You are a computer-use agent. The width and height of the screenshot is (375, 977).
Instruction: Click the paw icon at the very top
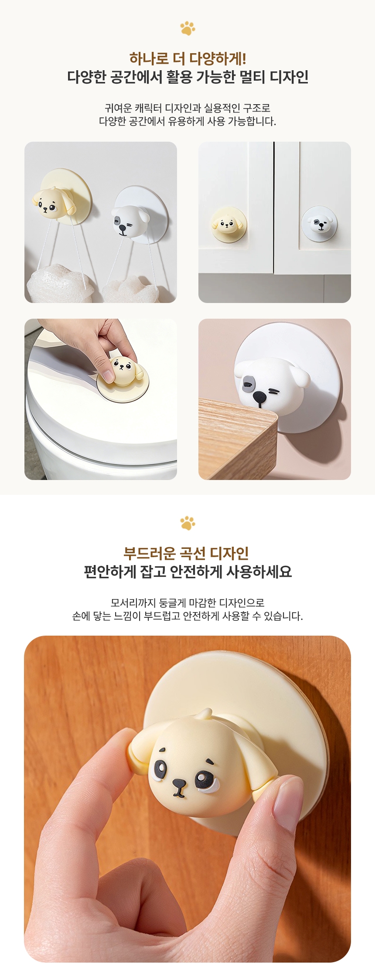click(x=187, y=27)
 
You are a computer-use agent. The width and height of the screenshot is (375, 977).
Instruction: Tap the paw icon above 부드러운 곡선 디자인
click(x=187, y=522)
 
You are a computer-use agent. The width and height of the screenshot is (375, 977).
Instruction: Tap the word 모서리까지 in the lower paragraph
click(x=133, y=603)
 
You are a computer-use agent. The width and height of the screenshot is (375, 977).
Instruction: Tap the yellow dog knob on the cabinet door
click(x=228, y=224)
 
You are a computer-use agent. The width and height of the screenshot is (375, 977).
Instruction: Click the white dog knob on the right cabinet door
click(x=319, y=223)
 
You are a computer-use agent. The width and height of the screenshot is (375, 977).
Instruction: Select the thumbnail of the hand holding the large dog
click(x=187, y=798)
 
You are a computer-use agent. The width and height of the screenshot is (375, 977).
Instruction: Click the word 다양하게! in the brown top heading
click(x=218, y=58)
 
